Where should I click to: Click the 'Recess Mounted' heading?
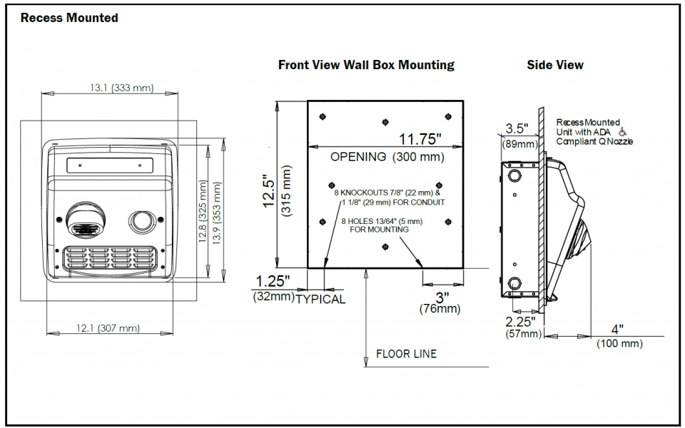69,18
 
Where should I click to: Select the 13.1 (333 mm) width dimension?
121,88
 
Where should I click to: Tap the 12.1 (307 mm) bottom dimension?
108,328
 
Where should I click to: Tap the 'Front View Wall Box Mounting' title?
366,65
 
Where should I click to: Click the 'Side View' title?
555,65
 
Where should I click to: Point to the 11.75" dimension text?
420,138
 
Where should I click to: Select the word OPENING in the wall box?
358,157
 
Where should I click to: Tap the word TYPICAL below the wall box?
320,300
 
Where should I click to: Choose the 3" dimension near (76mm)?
442,296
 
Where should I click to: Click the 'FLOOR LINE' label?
406,354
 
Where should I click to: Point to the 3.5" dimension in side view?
517,129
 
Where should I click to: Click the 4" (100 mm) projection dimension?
618,330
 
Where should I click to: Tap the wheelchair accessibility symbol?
623,132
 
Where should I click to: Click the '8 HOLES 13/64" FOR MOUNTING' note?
382,225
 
